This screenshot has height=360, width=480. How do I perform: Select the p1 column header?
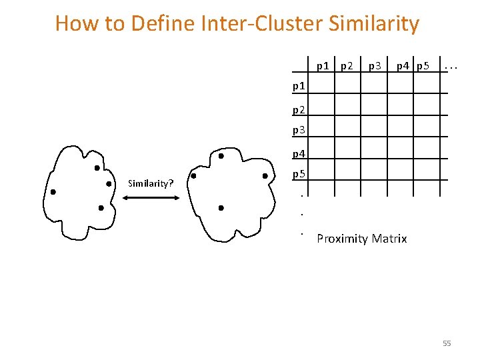323,66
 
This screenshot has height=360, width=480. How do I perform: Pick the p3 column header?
375,66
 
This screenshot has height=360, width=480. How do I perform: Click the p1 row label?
299,86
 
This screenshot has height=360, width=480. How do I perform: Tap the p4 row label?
299,154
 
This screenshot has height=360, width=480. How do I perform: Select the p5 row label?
299,175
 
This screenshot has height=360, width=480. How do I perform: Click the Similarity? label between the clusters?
151,183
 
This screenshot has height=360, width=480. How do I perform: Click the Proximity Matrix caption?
362,239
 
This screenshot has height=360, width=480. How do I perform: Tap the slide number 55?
447,343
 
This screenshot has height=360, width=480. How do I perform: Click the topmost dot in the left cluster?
97,168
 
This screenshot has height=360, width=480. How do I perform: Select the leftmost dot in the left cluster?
53,192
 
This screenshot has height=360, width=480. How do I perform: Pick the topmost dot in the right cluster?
221,156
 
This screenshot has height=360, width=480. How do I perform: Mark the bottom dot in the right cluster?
221,208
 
